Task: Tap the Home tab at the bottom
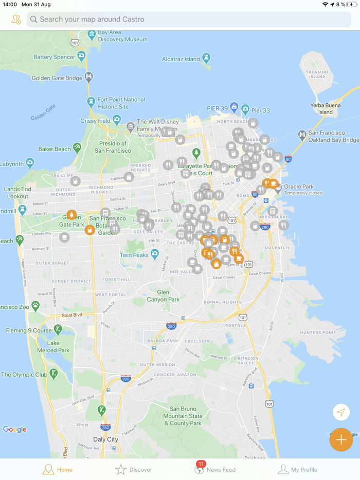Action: pyautogui.click(x=57, y=469)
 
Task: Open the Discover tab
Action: pyautogui.click(x=134, y=469)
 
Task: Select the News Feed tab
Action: pyautogui.click(x=215, y=469)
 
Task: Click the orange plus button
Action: pyautogui.click(x=341, y=440)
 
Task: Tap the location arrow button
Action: pyautogui.click(x=341, y=412)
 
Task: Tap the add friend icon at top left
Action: pyautogui.click(x=16, y=20)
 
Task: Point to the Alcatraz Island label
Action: pyautogui.click(x=181, y=59)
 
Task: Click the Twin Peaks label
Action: pyautogui.click(x=134, y=255)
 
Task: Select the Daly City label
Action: pyautogui.click(x=105, y=439)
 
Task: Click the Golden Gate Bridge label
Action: pyautogui.click(x=57, y=78)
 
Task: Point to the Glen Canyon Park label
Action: pyautogui.click(x=163, y=296)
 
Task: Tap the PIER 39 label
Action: pyautogui.click(x=217, y=108)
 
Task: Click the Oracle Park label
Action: pyautogui.click(x=299, y=187)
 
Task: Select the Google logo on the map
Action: pyautogui.click(x=14, y=430)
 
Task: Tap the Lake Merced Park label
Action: pyautogui.click(x=53, y=346)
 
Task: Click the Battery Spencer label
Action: pyautogui.click(x=55, y=57)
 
